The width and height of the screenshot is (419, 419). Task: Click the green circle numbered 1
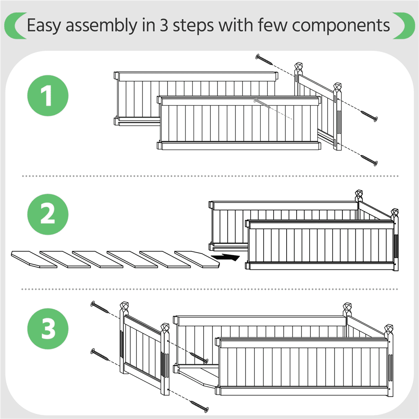click(x=48, y=96)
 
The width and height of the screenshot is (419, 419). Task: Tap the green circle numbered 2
click(x=48, y=215)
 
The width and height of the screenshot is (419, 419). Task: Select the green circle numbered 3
click(x=48, y=328)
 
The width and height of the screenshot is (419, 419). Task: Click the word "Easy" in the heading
click(x=44, y=26)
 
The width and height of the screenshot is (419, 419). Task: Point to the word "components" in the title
click(x=341, y=26)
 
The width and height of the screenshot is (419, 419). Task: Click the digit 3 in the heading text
click(x=164, y=26)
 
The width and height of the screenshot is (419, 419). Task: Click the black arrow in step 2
click(x=225, y=257)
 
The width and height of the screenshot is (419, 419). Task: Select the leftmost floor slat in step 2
click(x=34, y=259)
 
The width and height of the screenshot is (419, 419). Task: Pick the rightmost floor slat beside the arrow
click(x=197, y=259)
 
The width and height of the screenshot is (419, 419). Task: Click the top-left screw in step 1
click(x=264, y=59)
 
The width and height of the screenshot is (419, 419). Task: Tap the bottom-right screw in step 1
click(x=369, y=160)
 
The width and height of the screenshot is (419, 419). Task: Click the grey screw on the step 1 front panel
click(x=262, y=103)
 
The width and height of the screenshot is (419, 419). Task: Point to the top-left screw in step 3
click(x=99, y=307)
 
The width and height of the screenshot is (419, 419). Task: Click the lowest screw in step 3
click(x=199, y=406)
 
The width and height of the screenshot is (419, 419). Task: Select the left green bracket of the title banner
click(x=16, y=26)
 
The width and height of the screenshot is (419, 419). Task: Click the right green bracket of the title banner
click(x=404, y=26)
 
